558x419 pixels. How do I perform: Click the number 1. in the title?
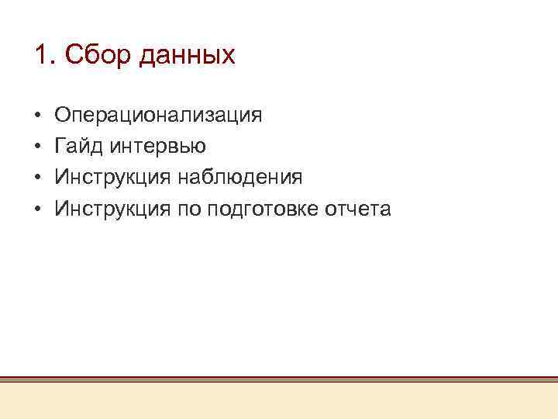(45, 55)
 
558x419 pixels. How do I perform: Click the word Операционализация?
(158, 116)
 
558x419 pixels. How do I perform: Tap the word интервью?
(158, 147)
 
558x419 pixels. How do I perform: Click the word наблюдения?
(241, 178)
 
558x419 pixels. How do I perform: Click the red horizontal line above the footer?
(279, 379)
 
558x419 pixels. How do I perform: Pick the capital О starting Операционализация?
(62, 116)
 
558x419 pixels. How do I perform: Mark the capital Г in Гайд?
(60, 147)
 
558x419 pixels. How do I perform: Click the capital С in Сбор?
(74, 55)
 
